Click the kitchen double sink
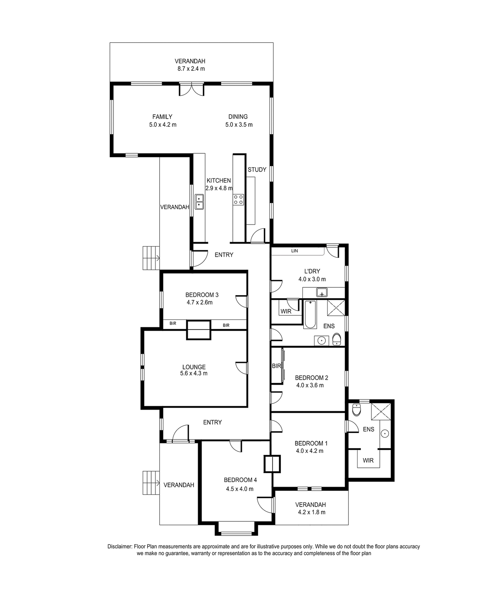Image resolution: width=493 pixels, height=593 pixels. coord(199,202)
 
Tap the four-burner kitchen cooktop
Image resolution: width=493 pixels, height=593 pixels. coord(238,200)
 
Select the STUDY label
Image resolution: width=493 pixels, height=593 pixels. coord(257,169)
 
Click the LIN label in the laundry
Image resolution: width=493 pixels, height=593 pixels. coord(294,251)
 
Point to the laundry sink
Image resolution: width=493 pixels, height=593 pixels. coord(322,292)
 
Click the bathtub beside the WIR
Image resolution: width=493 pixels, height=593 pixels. coord(310,314)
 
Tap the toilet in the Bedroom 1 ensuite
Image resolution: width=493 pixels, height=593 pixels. coord(356,410)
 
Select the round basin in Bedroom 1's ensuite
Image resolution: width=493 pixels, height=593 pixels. coord(385,434)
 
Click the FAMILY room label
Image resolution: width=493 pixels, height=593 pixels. coord(162,117)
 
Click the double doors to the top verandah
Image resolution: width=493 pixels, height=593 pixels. coord(191,89)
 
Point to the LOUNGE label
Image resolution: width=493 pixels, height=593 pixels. coord(194,367)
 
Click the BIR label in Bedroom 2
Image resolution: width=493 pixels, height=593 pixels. coord(276,366)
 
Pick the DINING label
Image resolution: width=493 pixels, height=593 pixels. coord(238,117)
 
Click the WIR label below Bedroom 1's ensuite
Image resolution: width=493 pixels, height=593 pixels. coord(368,460)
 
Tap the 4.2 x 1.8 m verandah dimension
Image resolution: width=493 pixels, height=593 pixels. coord(310,513)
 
